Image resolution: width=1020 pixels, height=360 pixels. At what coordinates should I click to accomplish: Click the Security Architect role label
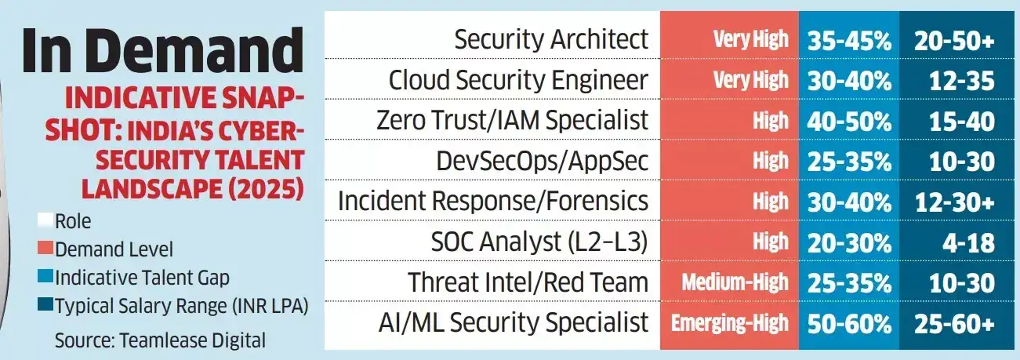coord(551,39)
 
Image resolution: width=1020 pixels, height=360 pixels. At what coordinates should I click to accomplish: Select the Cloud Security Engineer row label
coord(518,79)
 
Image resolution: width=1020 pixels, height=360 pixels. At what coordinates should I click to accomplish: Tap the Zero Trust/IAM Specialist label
coord(512,120)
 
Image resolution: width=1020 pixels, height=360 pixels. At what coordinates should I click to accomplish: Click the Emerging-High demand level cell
coord(729,322)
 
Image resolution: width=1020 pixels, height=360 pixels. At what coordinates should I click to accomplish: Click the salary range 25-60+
coord(954,322)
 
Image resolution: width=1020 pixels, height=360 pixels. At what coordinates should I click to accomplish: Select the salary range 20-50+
coord(954,40)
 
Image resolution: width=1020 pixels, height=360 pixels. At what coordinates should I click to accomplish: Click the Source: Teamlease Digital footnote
coord(160,340)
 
